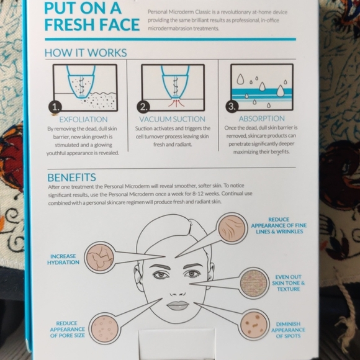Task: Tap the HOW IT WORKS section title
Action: [x=86, y=53]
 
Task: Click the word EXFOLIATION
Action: [x=83, y=119]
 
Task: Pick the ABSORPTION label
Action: [x=261, y=119]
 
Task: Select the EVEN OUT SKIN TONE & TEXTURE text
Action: [x=289, y=282]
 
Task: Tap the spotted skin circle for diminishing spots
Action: [x=253, y=324]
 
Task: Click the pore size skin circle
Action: [x=104, y=326]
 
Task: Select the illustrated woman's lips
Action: [x=178, y=305]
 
